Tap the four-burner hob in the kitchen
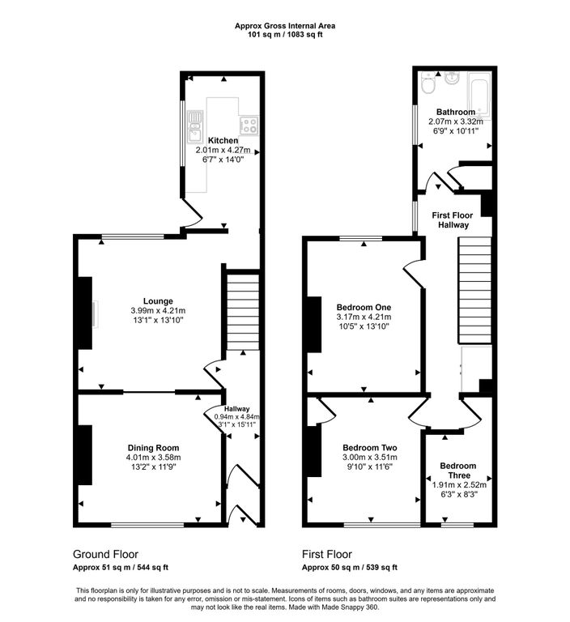[x=249, y=125]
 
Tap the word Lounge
[x=158, y=301]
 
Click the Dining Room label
[x=153, y=448]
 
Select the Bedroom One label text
[x=364, y=307]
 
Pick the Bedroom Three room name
[x=457, y=471]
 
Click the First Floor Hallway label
[x=451, y=219]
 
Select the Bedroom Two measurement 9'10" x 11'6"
[x=368, y=466]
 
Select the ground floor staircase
[x=241, y=312]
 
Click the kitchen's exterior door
[x=190, y=213]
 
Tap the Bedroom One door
[x=412, y=275]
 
